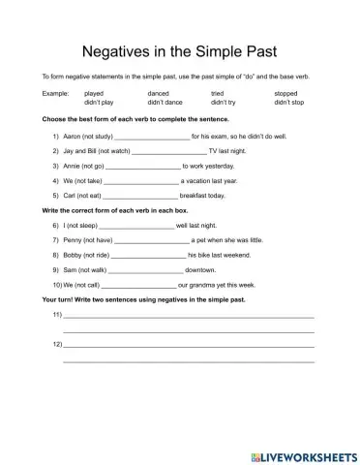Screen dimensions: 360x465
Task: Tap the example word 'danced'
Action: point(158,94)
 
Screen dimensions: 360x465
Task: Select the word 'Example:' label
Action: point(55,94)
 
